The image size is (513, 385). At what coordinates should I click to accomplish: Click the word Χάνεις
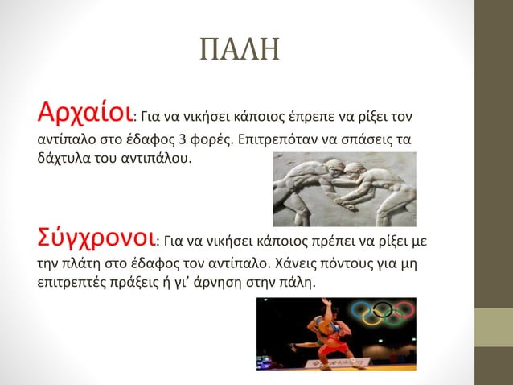[272, 263]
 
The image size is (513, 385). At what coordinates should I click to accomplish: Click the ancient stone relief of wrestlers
[344, 191]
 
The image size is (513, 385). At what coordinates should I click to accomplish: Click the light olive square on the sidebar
[493, 328]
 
